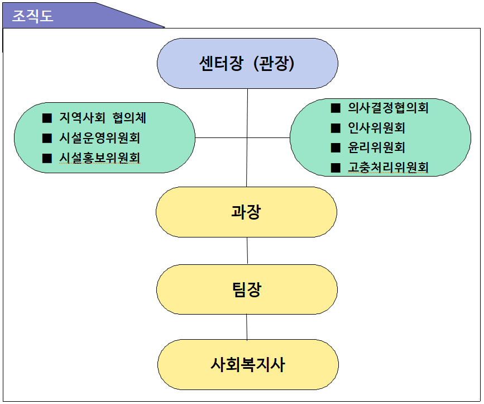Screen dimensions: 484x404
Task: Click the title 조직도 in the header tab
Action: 32,16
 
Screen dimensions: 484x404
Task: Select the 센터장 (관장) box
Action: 247,63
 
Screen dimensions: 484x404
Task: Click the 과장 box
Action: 246,212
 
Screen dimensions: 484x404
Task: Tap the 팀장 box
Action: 247,289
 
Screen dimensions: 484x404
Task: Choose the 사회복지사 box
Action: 248,364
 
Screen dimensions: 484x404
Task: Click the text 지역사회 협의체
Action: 103,118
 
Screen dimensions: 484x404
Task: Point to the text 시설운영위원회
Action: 99,138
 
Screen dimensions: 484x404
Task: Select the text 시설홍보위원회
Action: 99,158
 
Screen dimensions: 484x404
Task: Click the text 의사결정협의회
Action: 388,108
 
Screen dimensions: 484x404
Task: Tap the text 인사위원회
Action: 376,127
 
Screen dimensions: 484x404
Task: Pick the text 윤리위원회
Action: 376,148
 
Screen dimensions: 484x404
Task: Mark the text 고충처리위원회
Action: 388,167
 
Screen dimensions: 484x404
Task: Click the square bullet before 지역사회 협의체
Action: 47,118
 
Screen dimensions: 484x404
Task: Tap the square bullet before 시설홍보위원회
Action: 47,158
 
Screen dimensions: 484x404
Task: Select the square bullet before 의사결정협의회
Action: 336,108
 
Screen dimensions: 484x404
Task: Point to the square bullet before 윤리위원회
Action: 336,148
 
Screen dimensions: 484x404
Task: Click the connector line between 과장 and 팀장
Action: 247,251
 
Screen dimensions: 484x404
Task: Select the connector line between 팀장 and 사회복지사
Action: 247,327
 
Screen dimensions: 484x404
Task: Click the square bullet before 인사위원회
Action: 336,128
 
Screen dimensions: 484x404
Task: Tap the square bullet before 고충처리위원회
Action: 336,168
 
